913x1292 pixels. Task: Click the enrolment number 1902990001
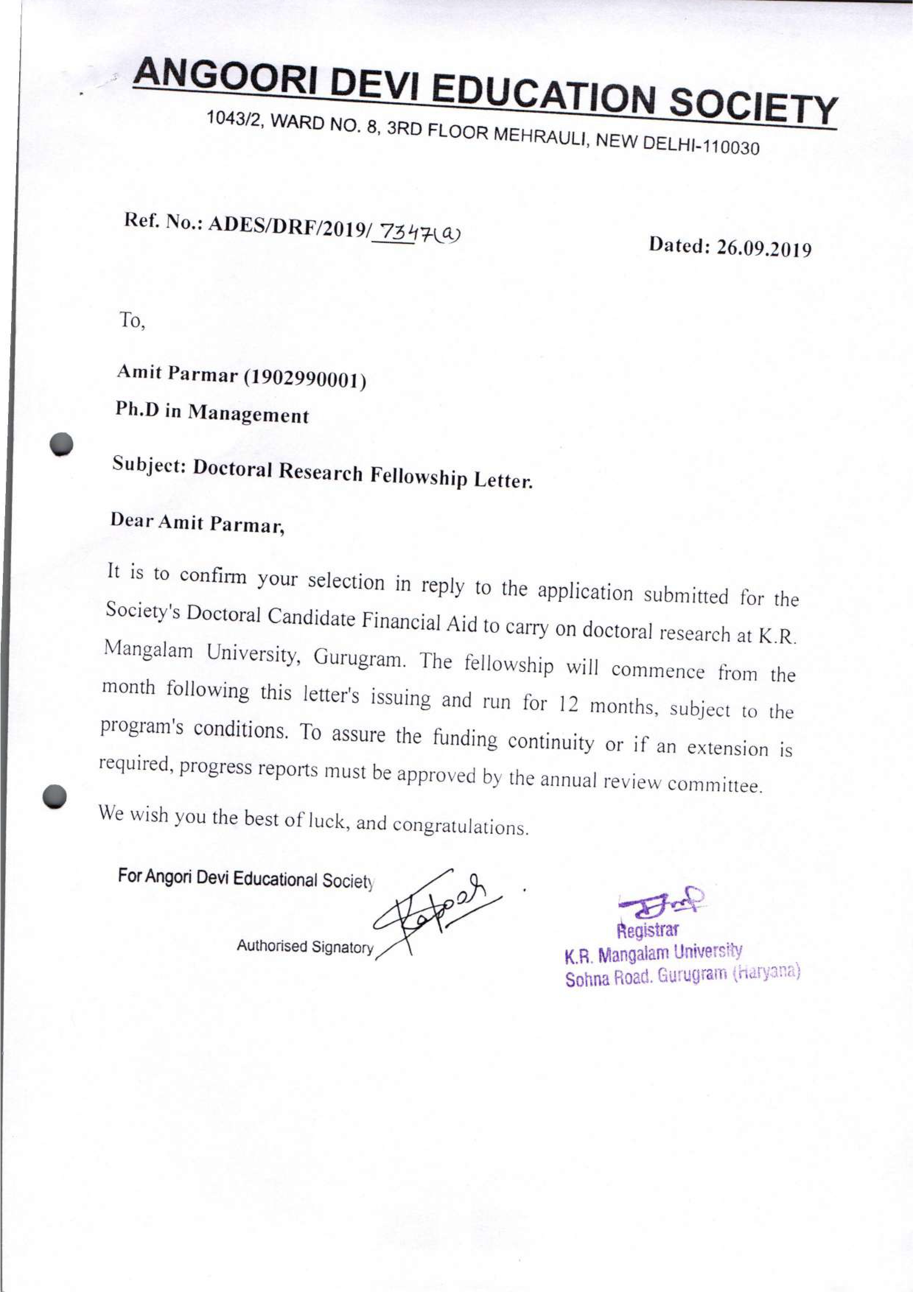pyautogui.click(x=304, y=379)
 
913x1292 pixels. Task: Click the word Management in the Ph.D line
pyautogui.click(x=248, y=414)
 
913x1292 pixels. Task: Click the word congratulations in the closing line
pyautogui.click(x=460, y=826)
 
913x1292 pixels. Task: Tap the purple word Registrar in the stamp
pyautogui.click(x=647, y=931)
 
